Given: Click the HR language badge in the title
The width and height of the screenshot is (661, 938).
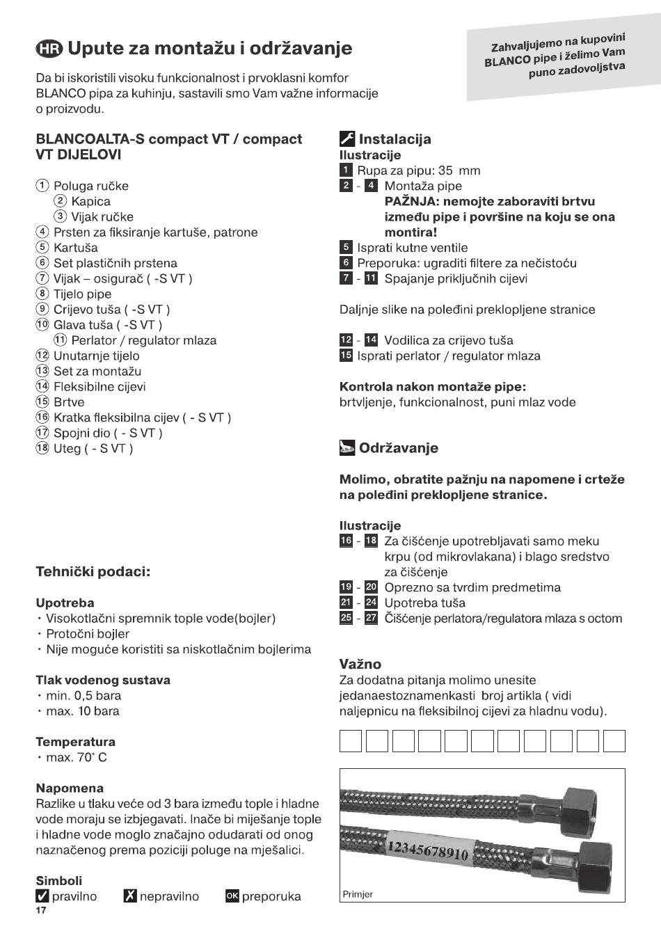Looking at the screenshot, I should (49, 49).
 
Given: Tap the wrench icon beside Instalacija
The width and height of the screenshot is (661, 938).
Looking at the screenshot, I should (347, 139).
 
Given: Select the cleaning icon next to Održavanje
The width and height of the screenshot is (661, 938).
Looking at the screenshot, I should (347, 448).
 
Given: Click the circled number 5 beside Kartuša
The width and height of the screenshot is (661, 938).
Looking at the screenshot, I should (42, 248).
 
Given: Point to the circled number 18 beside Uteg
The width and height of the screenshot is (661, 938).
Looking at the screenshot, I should (42, 448).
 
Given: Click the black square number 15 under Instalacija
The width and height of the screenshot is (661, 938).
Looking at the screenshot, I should (346, 356).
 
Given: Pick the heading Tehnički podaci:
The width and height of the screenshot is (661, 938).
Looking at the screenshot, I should (93, 572).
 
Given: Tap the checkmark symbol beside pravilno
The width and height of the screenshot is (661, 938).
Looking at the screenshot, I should (42, 896).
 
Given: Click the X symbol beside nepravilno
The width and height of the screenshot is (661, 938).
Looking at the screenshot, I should (130, 896).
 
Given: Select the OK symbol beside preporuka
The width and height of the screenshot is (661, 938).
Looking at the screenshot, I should (232, 896).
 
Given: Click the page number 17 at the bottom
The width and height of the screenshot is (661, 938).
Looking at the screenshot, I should (41, 911).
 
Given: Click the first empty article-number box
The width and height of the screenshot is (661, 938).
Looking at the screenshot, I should (351, 741).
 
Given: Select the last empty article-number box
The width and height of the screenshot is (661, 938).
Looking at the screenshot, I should (614, 741).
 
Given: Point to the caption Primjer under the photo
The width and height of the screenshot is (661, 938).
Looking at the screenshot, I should (358, 894).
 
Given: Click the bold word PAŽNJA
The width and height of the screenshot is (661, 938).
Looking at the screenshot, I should (411, 201).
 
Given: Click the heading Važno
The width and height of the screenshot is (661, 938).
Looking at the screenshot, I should (360, 664).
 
